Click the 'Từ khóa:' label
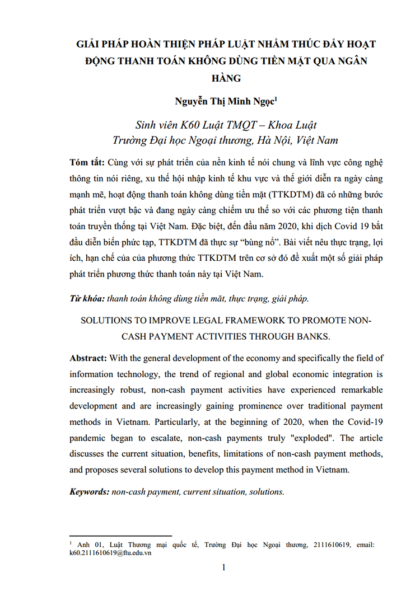pos(86,299)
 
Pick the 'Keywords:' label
pos(90,492)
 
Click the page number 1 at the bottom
pos(223,568)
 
